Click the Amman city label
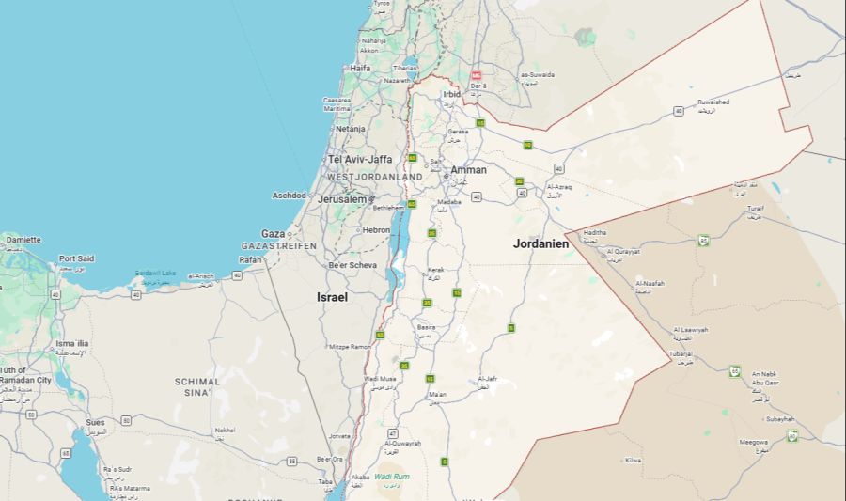point(468,170)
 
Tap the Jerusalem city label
point(341,199)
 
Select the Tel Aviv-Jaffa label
point(359,159)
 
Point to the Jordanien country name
point(541,243)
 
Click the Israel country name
point(332,297)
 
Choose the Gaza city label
point(273,233)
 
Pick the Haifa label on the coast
point(360,69)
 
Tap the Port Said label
point(76,258)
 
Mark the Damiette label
point(23,240)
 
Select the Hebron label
point(376,229)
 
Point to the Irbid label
point(452,94)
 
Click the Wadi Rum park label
point(391,477)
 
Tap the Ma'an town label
point(437,394)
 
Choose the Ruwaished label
point(713,102)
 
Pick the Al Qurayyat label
point(623,252)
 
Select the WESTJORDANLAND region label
point(374,177)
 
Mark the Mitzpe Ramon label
point(350,347)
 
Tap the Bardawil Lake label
point(155,273)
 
